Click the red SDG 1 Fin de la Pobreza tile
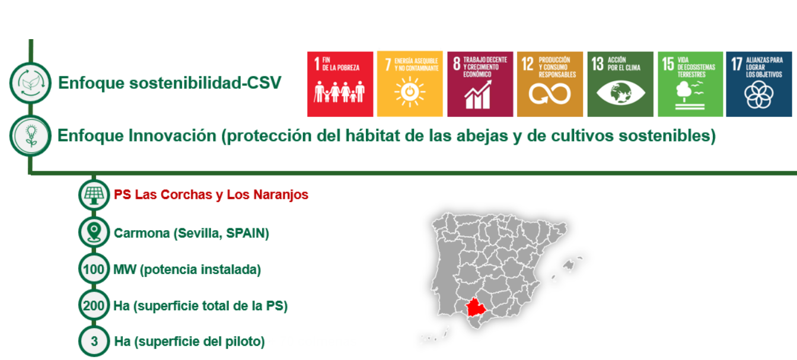pos(340,84)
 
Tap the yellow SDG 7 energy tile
pos(410,84)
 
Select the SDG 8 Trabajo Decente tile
pos(480,84)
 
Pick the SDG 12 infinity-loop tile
pos(550,84)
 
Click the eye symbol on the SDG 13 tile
pos(620,93)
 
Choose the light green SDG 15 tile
pos(690,84)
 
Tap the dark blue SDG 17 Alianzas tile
pos(759,84)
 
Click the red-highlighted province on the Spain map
pos(476,308)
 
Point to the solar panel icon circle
pos(94,195)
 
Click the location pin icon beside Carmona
pos(94,232)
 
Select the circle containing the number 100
pos(94,269)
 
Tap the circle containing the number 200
pos(94,305)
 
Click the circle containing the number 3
pos(94,341)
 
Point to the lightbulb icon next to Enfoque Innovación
pos(31,136)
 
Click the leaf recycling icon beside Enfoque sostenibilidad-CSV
pos(31,83)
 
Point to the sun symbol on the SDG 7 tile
pos(410,92)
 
